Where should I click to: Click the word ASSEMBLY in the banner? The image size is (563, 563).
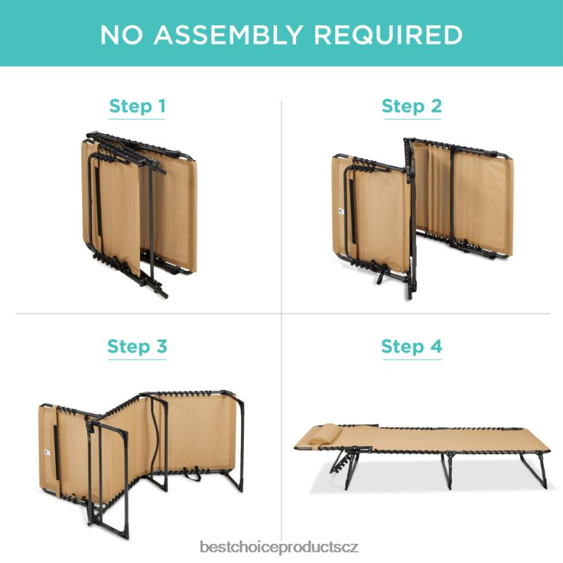pyautogui.click(x=228, y=35)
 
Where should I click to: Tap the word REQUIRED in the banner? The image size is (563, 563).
pyautogui.click(x=388, y=35)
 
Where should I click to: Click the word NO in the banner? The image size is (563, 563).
pyautogui.click(x=121, y=35)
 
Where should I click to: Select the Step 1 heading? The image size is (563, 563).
pyautogui.click(x=137, y=107)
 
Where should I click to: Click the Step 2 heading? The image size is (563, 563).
pyautogui.click(x=412, y=107)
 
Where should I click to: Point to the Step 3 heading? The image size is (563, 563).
pyautogui.click(x=138, y=347)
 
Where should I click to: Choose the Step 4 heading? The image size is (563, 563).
pyautogui.click(x=412, y=347)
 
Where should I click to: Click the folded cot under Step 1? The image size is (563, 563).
pyautogui.click(x=140, y=214)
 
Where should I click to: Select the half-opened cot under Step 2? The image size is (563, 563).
pyautogui.click(x=423, y=218)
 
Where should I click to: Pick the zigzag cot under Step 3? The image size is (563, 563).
pyautogui.click(x=142, y=463)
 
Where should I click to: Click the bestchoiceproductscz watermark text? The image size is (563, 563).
pyautogui.click(x=279, y=547)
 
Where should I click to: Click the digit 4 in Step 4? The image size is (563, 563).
pyautogui.click(x=436, y=346)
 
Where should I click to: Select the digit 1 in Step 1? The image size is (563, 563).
pyautogui.click(x=162, y=106)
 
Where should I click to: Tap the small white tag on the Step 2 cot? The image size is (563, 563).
pyautogui.click(x=341, y=212)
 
